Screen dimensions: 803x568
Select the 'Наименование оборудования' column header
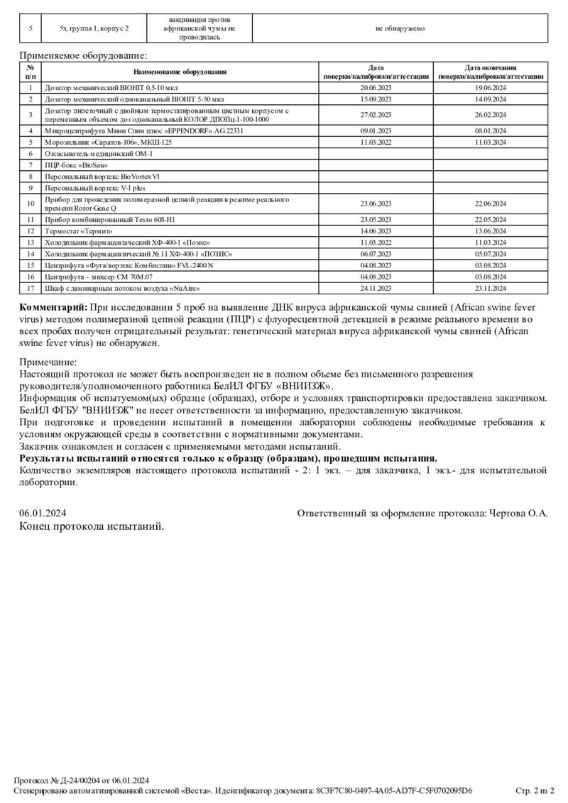coord(180,72)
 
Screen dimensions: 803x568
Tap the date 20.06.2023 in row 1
coord(376,87)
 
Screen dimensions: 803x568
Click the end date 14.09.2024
coord(491,99)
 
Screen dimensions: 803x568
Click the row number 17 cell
coord(31,288)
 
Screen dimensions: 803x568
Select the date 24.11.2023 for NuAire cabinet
coord(376,288)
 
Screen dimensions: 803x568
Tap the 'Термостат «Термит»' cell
coord(79,231)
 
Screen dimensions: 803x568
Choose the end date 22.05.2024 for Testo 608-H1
coord(491,219)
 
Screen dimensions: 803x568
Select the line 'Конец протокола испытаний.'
coord(92,526)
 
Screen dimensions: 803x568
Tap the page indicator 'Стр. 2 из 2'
coord(534,790)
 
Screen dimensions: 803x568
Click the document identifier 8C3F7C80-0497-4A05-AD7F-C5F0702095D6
coord(394,790)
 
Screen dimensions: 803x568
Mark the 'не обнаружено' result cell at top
coord(400,28)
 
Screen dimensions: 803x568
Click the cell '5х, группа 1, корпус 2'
coord(94,28)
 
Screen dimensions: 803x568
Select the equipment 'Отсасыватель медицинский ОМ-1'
coord(98,153)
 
